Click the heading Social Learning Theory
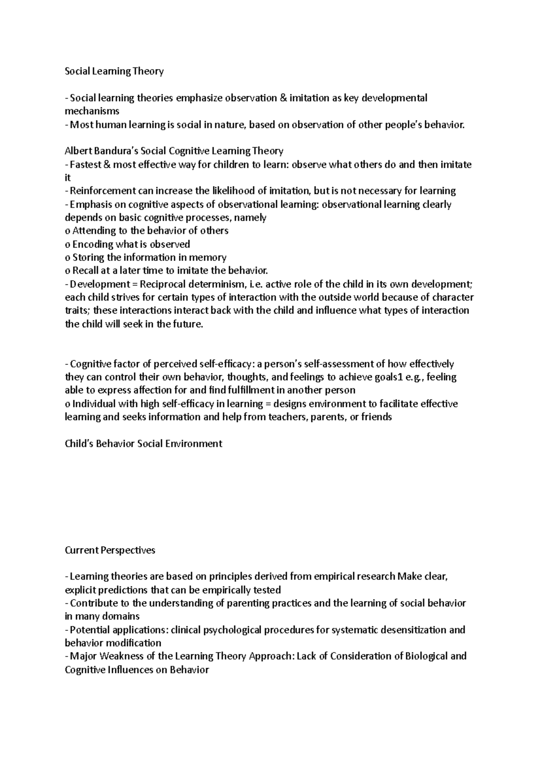pyautogui.click(x=114, y=71)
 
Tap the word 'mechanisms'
pyautogui.click(x=92, y=111)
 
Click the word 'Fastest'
pyautogui.click(x=85, y=164)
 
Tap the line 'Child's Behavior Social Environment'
pyautogui.click(x=144, y=444)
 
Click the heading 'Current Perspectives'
pyautogui.click(x=110, y=550)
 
